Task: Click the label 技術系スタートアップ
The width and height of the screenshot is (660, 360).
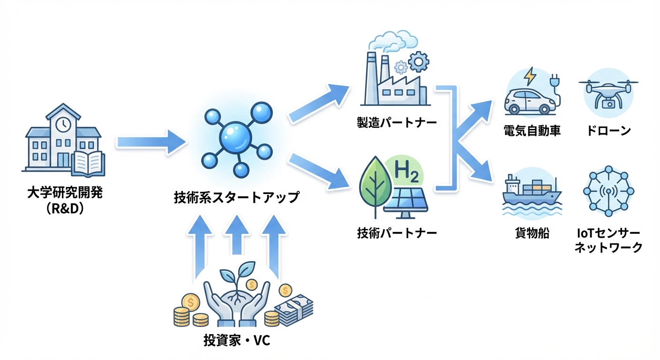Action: coord(236,197)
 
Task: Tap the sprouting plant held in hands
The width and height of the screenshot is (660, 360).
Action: coord(237,281)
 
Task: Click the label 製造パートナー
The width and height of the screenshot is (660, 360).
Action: coord(396,123)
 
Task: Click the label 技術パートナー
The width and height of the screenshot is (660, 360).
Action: coord(397,232)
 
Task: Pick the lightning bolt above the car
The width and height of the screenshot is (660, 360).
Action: coord(530,76)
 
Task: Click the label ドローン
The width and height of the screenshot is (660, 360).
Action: coord(608,131)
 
